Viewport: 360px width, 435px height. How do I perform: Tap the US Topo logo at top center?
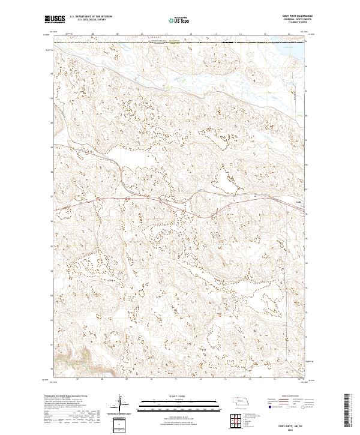coord(180,19)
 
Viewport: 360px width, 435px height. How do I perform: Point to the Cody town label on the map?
coord(298,202)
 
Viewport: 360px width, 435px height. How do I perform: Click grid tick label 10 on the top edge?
coord(142,35)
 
